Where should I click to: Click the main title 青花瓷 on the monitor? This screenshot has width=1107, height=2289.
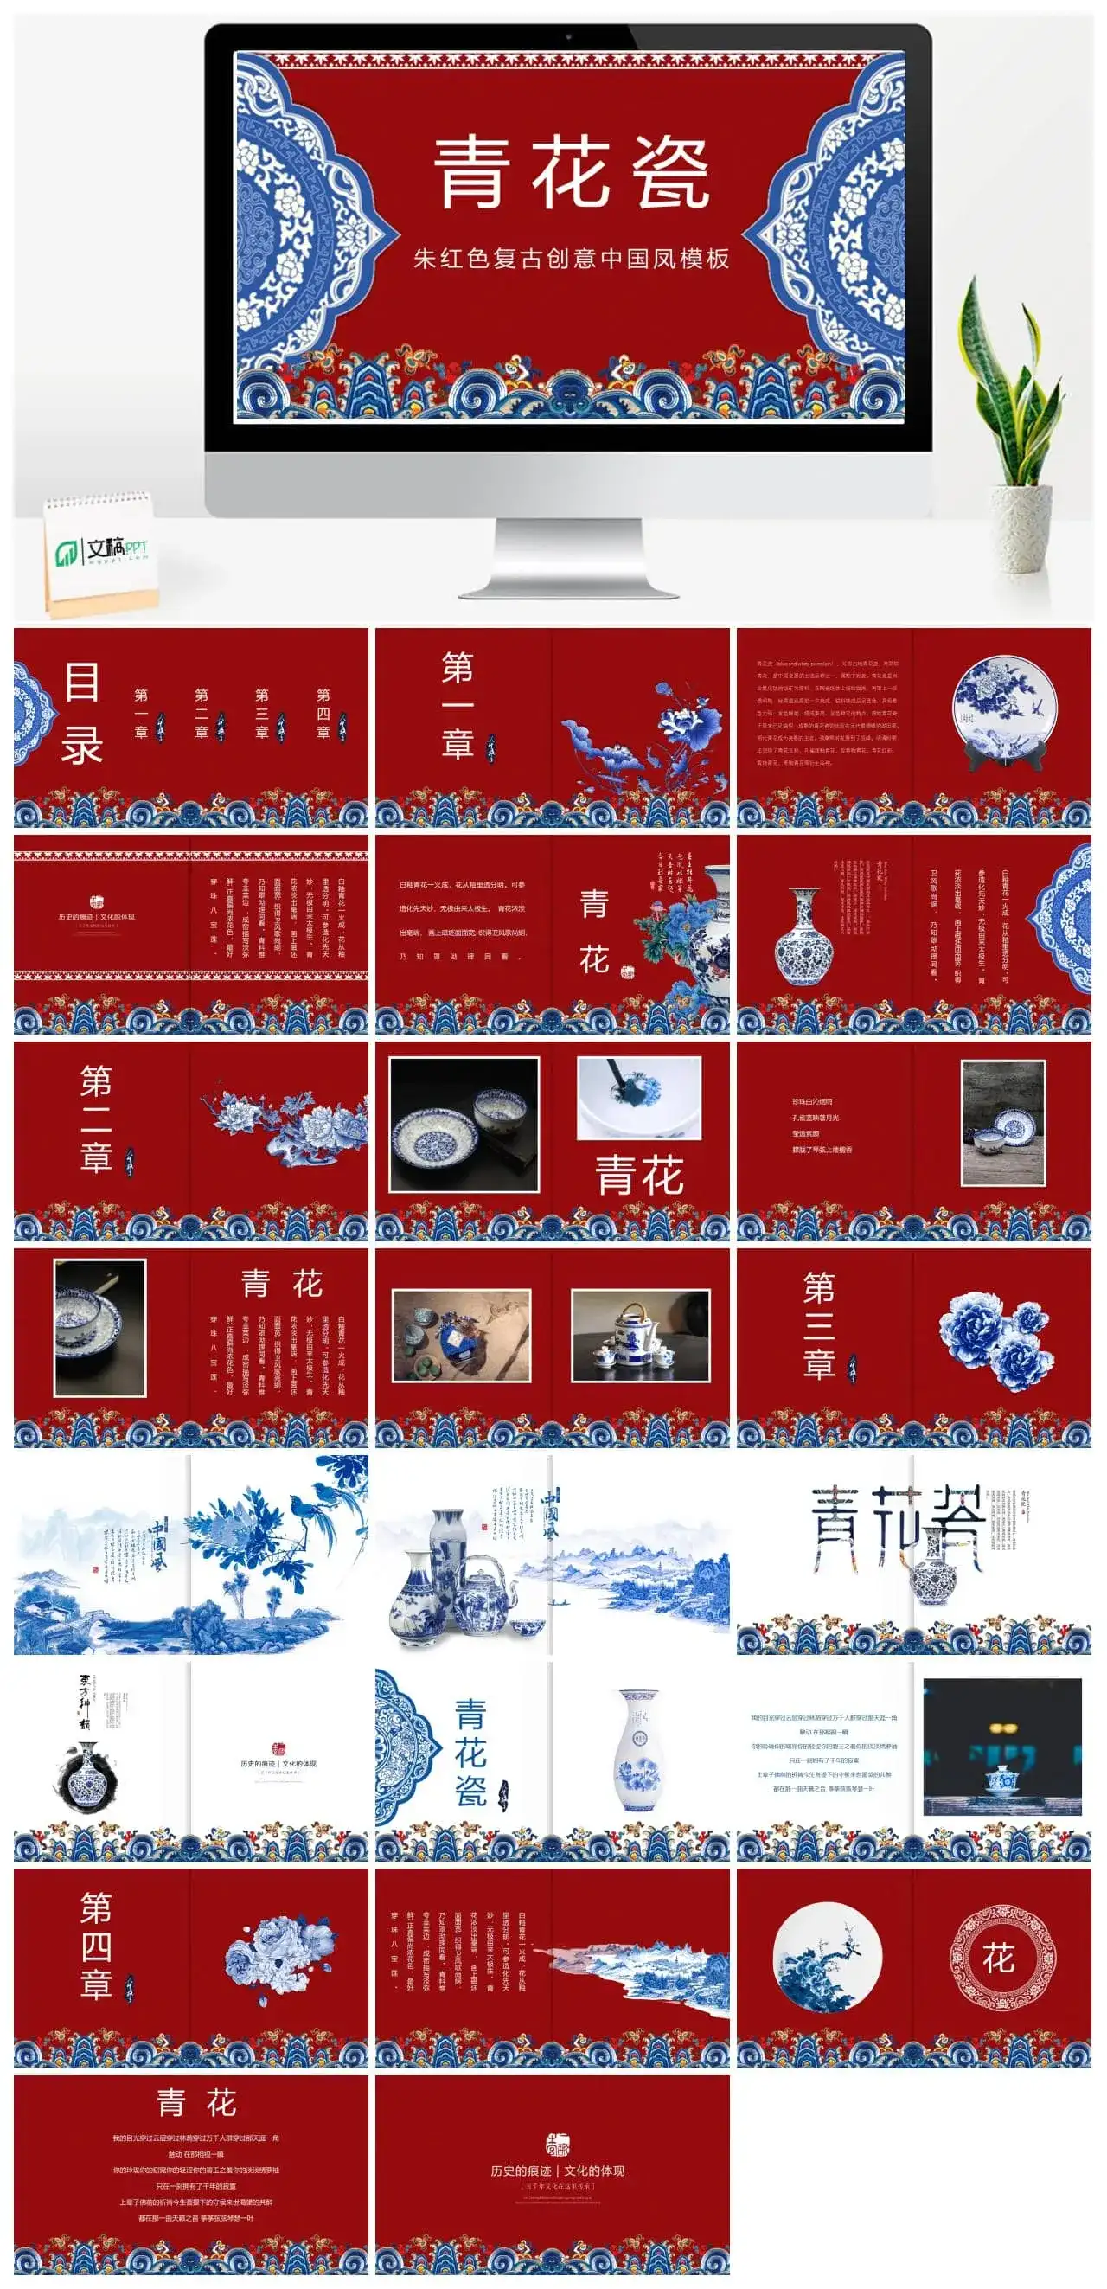(x=571, y=172)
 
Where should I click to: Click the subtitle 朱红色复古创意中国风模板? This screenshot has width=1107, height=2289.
(x=571, y=259)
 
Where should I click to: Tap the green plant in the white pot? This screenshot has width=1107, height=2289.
(x=1013, y=382)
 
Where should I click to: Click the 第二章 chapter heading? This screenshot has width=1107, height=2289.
(x=96, y=1119)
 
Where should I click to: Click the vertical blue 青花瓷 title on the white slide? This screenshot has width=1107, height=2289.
(x=470, y=1753)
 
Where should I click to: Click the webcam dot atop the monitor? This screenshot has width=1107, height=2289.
(x=567, y=37)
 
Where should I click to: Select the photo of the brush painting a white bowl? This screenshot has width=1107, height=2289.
(x=639, y=1098)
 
